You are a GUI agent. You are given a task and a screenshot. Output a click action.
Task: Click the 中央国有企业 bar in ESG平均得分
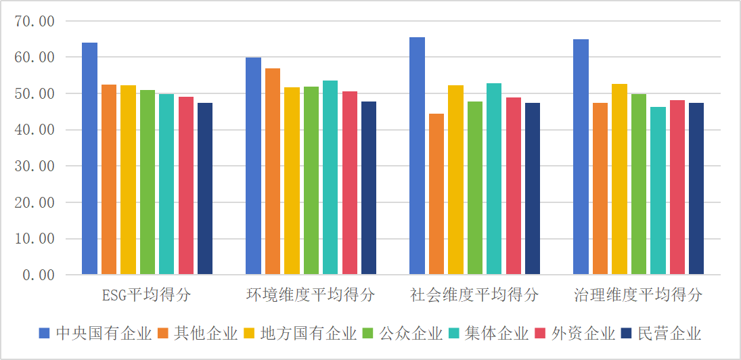(90, 158)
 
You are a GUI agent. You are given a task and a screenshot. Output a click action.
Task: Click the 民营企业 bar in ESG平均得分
(205, 189)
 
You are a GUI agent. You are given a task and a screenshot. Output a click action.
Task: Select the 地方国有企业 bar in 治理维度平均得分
(619, 179)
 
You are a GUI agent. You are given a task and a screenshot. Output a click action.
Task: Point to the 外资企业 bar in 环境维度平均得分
(349, 183)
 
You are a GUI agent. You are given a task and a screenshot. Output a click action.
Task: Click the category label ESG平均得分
(147, 296)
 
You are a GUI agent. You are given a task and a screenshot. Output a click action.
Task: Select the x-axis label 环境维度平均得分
(311, 296)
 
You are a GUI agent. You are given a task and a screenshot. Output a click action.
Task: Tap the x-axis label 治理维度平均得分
(638, 296)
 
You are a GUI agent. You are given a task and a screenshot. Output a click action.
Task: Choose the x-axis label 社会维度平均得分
(474, 296)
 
